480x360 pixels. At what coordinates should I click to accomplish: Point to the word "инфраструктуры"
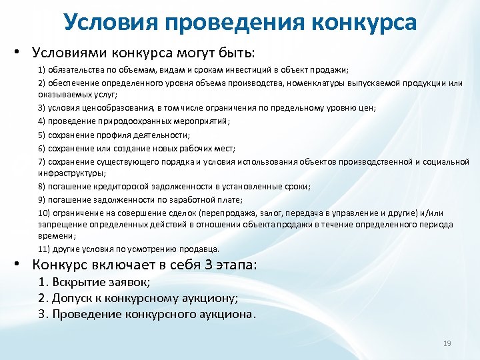67,173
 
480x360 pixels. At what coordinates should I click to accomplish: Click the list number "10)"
44,213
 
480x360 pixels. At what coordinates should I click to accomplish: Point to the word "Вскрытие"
81,282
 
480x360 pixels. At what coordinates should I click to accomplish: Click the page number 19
447,343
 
